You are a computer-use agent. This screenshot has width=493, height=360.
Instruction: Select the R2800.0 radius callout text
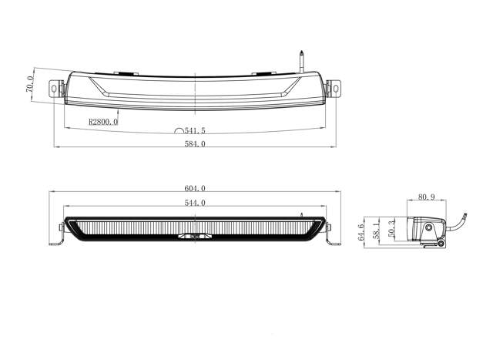coord(103,122)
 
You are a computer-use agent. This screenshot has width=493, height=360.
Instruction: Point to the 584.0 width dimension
coord(196,144)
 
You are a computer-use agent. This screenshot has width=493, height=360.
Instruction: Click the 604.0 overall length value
coord(196,189)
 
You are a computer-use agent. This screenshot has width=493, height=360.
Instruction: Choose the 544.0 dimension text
coord(196,203)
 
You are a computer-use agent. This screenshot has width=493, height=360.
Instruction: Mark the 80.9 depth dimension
coord(427,197)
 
